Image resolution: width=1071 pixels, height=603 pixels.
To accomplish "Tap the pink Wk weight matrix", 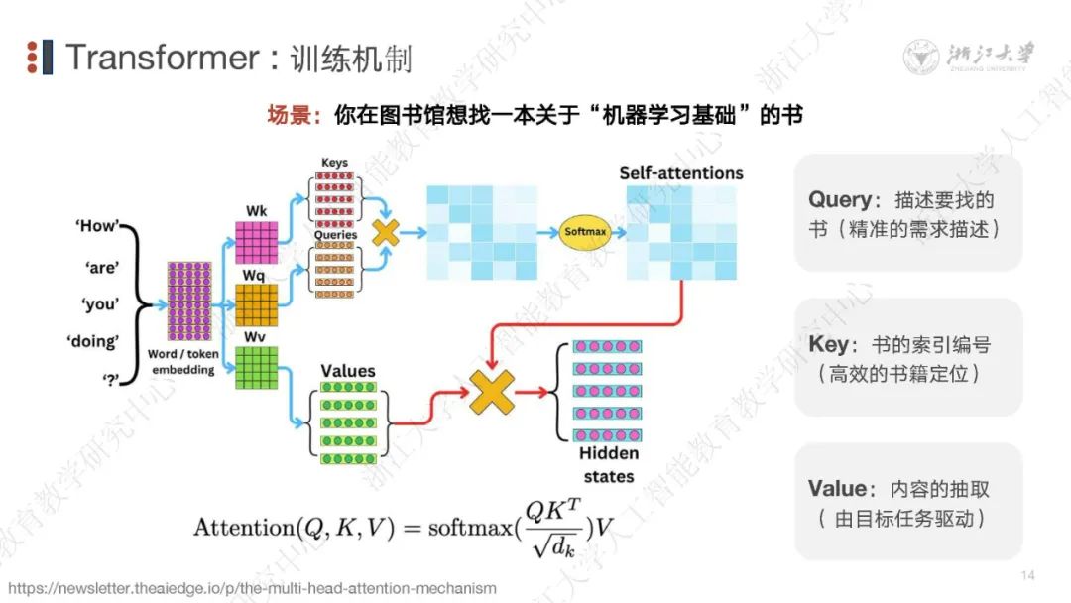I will click(x=256, y=242).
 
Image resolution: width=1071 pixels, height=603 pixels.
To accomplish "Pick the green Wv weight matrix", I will click(x=256, y=367).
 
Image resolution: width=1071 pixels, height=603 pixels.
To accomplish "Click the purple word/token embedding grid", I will click(x=189, y=301).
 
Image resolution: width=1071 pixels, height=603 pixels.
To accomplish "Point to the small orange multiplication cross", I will click(x=385, y=232).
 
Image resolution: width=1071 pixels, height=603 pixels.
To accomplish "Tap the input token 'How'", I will click(x=97, y=226).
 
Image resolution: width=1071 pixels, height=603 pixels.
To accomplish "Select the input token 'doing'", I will click(x=93, y=342).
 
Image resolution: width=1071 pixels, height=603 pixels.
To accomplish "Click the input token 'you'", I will click(x=97, y=304).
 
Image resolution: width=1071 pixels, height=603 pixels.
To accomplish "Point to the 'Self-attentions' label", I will click(x=681, y=173).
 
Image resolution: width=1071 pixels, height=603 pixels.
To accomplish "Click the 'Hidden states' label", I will click(x=608, y=464).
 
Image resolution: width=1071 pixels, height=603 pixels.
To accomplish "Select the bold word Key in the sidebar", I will click(x=829, y=344).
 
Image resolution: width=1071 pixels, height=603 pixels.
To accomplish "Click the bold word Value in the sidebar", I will click(x=838, y=489).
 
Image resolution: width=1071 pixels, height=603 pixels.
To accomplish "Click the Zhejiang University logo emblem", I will click(x=923, y=58).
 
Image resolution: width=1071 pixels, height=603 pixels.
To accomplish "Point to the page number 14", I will click(x=1026, y=576).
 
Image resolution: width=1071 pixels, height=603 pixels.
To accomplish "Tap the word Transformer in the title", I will click(x=162, y=58).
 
